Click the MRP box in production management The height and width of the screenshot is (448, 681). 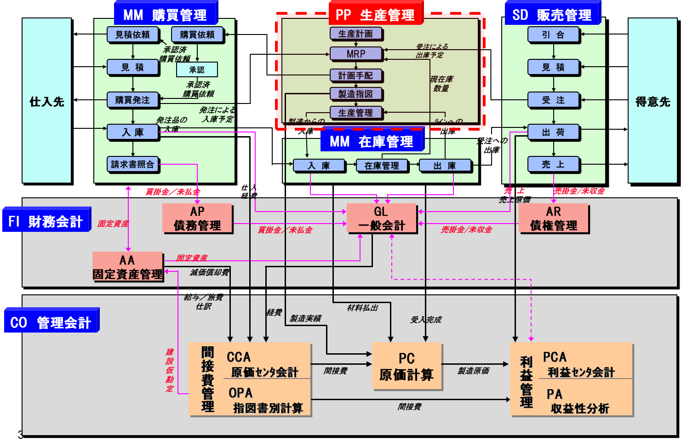356,54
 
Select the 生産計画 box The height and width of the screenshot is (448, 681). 356,34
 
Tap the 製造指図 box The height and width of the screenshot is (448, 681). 356,94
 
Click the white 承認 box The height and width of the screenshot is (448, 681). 197,70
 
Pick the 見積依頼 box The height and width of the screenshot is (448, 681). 132,34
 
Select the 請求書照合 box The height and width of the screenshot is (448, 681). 133,164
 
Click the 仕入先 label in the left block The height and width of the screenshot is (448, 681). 47,102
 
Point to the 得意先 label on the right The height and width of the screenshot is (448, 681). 652,102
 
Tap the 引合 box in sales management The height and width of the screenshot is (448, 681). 553,34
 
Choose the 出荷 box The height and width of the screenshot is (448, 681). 553,132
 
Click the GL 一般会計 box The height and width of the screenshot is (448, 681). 381,218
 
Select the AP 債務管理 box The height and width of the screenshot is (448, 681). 197,218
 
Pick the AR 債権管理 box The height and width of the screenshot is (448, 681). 554,218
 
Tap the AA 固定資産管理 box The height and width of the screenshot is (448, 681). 128,267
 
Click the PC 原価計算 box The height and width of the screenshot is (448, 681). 406,367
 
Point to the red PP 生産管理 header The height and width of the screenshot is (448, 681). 375,15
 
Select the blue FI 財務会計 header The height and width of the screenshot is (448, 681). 46,221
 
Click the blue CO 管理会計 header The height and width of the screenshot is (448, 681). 51,322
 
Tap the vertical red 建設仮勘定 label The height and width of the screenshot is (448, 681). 170,370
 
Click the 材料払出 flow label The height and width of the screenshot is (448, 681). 362,308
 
